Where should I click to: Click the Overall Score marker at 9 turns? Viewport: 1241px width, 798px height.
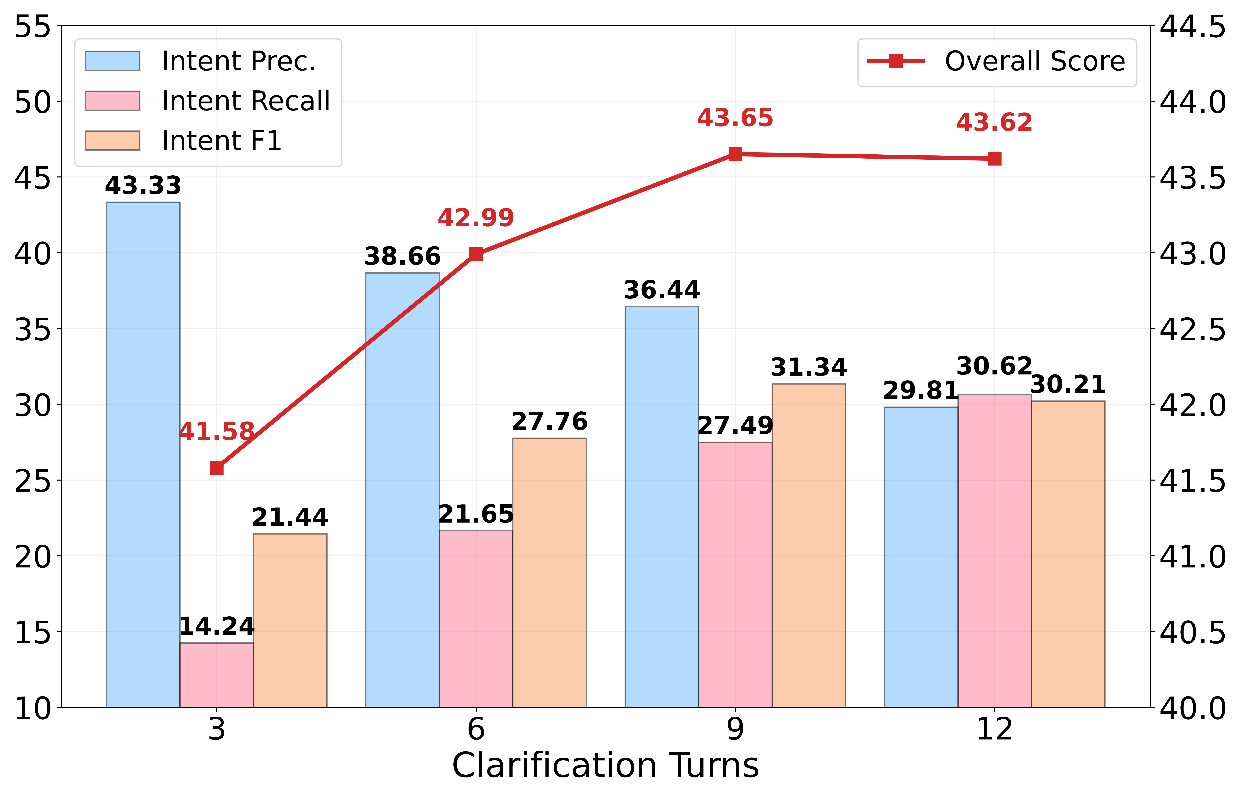click(x=735, y=154)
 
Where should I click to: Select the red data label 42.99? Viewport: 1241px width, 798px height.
click(x=475, y=218)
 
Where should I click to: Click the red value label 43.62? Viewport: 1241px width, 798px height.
click(x=994, y=123)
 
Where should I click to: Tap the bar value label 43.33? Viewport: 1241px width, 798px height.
click(x=143, y=185)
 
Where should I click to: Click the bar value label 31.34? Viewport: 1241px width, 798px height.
click(x=809, y=367)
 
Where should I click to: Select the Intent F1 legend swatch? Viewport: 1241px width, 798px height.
click(x=112, y=140)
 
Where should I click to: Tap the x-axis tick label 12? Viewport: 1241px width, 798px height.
click(x=994, y=730)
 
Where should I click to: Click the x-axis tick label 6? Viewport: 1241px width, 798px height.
click(x=475, y=730)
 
